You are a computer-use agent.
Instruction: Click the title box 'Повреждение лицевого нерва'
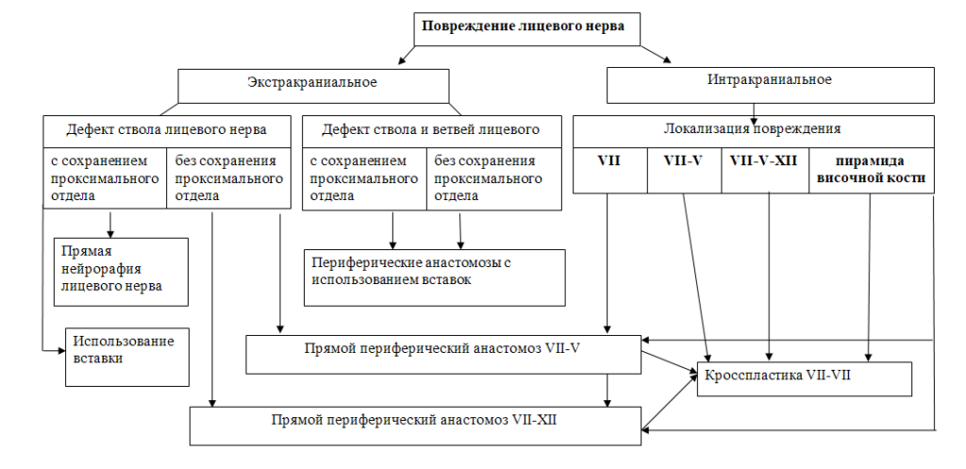[526, 29]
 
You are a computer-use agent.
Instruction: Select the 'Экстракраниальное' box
[313, 86]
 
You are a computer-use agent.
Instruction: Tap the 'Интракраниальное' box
[770, 85]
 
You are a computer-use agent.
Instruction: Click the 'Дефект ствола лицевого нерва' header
[167, 131]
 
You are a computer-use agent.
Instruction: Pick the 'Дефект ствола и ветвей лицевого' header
[432, 131]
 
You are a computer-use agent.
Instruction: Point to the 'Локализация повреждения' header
[754, 131]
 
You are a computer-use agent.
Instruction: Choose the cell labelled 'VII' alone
[610, 171]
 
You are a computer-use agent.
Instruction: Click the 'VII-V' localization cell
[685, 171]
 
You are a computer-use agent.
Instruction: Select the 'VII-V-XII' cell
[764, 171]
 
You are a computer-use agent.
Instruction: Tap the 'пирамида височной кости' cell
[871, 171]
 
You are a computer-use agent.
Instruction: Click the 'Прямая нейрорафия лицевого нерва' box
[121, 272]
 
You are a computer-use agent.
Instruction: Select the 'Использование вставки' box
[127, 357]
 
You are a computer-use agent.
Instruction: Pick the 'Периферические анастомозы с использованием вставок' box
[434, 277]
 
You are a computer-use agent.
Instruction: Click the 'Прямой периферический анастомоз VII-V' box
[443, 355]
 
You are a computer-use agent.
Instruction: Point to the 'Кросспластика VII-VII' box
[805, 378]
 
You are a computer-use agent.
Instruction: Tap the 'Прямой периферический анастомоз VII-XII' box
[415, 426]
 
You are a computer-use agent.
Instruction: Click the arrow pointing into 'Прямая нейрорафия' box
[111, 225]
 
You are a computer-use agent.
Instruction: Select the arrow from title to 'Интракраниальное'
[655, 54]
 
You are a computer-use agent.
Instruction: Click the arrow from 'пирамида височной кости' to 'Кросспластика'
[869, 277]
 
